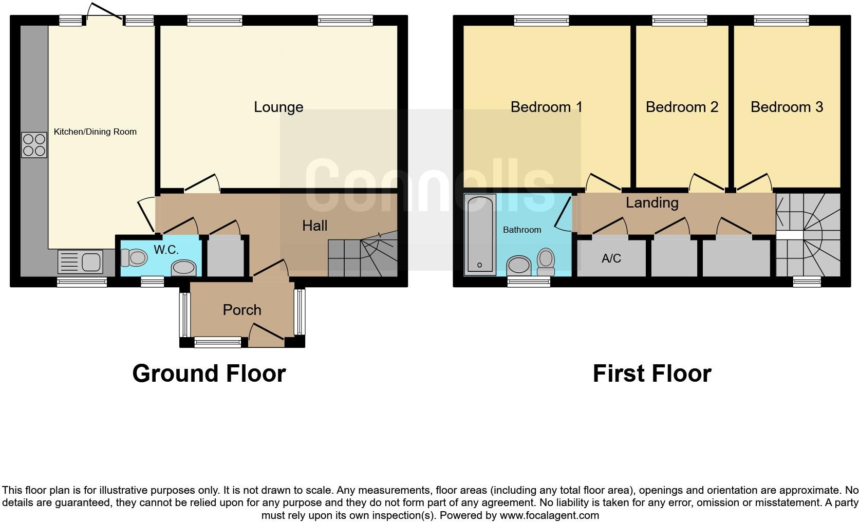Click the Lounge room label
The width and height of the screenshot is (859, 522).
[x=278, y=107]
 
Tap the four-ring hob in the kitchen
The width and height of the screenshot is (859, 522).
[x=34, y=145]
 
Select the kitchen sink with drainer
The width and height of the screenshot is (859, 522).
[x=80, y=261]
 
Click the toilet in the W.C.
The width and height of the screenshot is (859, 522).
[x=134, y=257]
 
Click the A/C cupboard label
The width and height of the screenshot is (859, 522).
[x=611, y=258]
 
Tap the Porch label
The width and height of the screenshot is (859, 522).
[x=241, y=310]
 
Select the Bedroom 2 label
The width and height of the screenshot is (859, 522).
[x=682, y=107]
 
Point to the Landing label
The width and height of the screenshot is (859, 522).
[x=651, y=202]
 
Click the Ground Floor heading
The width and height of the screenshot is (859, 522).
[x=209, y=374]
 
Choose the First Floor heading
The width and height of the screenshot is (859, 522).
[x=651, y=374]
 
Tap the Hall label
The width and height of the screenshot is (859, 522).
[x=314, y=225]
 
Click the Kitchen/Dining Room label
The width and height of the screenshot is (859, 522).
[x=95, y=132]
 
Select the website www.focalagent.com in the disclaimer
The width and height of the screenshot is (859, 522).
[x=549, y=515]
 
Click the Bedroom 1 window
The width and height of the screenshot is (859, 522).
[x=541, y=21]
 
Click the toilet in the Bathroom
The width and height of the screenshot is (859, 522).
[x=546, y=262]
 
